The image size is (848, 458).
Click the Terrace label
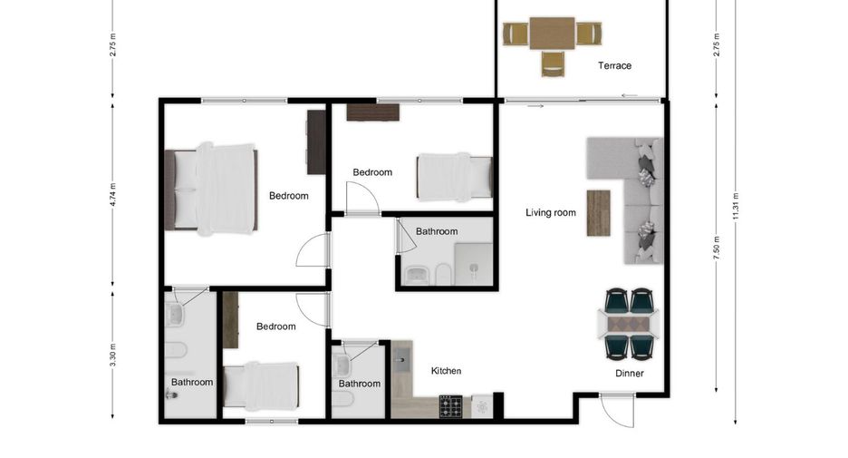[614, 65]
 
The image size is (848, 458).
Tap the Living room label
[551, 213]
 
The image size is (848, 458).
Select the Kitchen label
[446, 371]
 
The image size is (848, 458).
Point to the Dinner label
[630, 373]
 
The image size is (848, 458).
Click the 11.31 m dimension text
[736, 206]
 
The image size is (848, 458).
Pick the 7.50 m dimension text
[717, 248]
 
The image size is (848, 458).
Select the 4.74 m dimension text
[112, 195]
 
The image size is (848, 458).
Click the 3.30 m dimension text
[112, 356]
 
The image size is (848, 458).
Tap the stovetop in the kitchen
[450, 406]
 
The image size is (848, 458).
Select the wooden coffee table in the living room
[598, 213]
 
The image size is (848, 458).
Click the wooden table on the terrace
[552, 34]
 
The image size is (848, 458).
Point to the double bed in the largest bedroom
[211, 189]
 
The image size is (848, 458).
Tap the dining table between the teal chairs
[629, 325]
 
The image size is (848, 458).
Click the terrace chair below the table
[552, 63]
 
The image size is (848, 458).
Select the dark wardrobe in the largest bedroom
[316, 141]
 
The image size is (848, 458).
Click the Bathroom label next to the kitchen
[360, 384]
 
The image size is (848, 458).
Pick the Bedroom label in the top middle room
[372, 172]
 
